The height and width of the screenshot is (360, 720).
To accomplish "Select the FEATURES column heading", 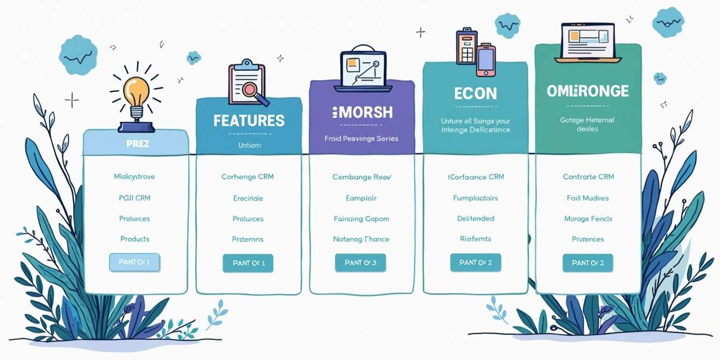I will (x=249, y=120).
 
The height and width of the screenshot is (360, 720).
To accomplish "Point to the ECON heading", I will (x=475, y=93).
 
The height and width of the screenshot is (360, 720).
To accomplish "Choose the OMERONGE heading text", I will (x=588, y=91).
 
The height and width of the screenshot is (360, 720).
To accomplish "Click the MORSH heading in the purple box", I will (x=362, y=112).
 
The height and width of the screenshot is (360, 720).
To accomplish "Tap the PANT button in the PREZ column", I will (x=135, y=262).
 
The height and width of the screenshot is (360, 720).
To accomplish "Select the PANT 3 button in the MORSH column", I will (x=360, y=263).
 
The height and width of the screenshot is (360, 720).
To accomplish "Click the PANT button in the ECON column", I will (x=475, y=263).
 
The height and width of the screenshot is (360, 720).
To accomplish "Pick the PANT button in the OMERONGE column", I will (x=588, y=263).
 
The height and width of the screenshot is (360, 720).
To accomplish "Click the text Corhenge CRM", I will (x=247, y=177).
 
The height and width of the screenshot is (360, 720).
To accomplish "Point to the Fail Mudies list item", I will (x=588, y=198).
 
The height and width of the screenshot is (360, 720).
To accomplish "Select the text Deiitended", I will (x=475, y=218).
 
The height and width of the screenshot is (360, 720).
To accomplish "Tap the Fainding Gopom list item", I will (x=361, y=218).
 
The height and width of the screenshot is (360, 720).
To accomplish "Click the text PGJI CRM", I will (x=135, y=198).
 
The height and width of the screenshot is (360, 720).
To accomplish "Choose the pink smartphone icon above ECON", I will (x=486, y=59).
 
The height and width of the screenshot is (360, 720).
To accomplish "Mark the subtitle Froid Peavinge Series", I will (x=361, y=139).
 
